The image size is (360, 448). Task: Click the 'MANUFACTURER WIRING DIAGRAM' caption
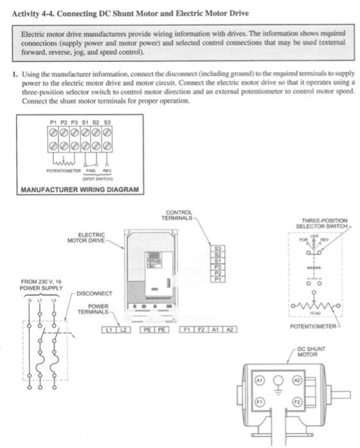click(x=79, y=190)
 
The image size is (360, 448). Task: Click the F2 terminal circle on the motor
click(x=297, y=401)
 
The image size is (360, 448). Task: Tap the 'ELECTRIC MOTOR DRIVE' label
click(x=88, y=237)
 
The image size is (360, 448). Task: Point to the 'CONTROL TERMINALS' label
click(x=178, y=215)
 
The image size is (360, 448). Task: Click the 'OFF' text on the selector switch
click(x=314, y=236)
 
